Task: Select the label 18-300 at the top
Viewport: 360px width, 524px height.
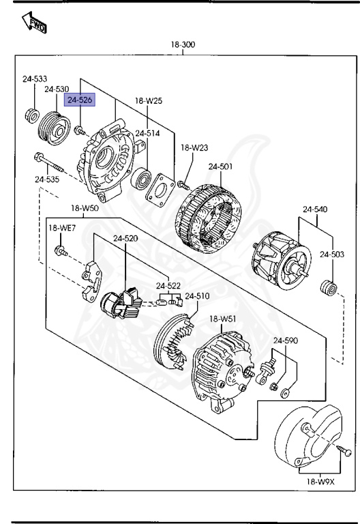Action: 183,45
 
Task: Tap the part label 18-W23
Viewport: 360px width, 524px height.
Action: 194,147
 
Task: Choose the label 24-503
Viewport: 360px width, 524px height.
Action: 333,254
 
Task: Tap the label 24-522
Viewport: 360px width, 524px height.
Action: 168,285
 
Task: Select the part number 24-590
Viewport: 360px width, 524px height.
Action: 286,340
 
